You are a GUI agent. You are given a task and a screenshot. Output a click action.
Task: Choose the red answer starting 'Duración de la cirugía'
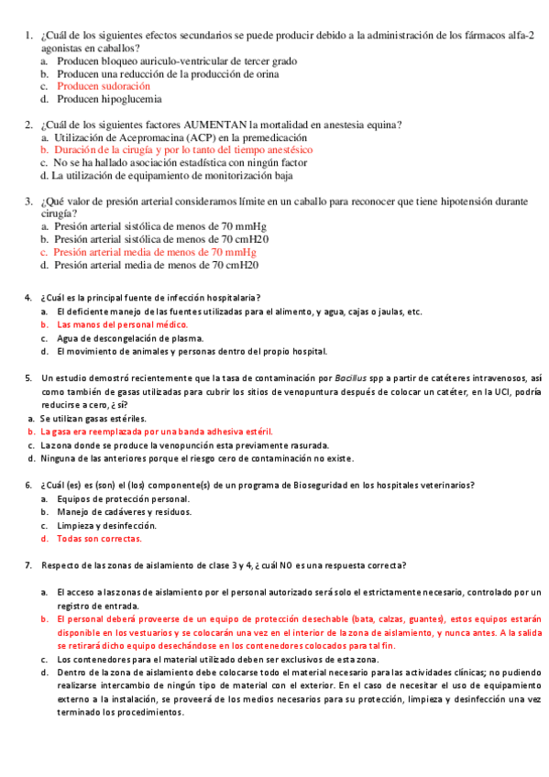(183, 149)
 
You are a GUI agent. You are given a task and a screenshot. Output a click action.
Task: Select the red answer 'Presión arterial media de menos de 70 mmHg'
(154, 251)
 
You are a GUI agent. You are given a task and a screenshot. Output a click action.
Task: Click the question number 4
(27, 297)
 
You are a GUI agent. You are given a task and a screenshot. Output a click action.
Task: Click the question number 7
(27, 565)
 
